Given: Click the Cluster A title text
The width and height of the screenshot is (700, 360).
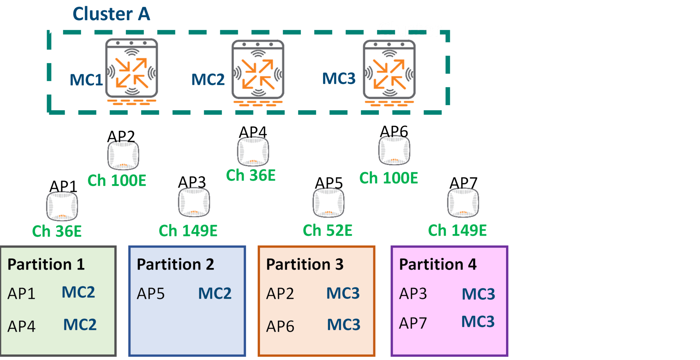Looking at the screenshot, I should click(x=111, y=14).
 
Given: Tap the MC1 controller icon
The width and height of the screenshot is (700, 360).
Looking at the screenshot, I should click(x=131, y=69).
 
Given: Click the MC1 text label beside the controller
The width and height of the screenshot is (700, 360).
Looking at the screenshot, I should click(x=86, y=80).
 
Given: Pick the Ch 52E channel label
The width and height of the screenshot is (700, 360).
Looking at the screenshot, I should click(x=327, y=231).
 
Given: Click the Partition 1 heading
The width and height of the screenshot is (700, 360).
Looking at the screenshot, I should click(x=46, y=264).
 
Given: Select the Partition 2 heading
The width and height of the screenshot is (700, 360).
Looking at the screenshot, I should click(x=175, y=264).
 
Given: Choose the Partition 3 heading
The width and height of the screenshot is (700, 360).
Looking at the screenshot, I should click(x=305, y=264).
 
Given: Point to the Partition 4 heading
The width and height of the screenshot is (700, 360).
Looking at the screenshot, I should click(x=438, y=264).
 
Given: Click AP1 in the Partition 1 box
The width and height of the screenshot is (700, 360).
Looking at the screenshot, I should click(x=22, y=294).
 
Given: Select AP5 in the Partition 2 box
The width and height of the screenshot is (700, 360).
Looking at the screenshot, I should click(x=151, y=294).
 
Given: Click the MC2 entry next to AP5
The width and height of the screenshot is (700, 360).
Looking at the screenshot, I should click(x=215, y=294).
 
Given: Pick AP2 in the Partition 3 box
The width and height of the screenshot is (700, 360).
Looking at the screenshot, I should click(x=280, y=294).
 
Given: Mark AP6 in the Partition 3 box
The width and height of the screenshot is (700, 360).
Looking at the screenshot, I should click(x=280, y=326).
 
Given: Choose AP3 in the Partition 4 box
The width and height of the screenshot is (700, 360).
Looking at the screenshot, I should click(x=413, y=294).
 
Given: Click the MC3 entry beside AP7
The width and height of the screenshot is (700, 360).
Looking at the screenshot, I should click(x=478, y=322).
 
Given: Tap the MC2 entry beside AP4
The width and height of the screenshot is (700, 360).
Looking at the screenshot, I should click(x=80, y=325).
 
